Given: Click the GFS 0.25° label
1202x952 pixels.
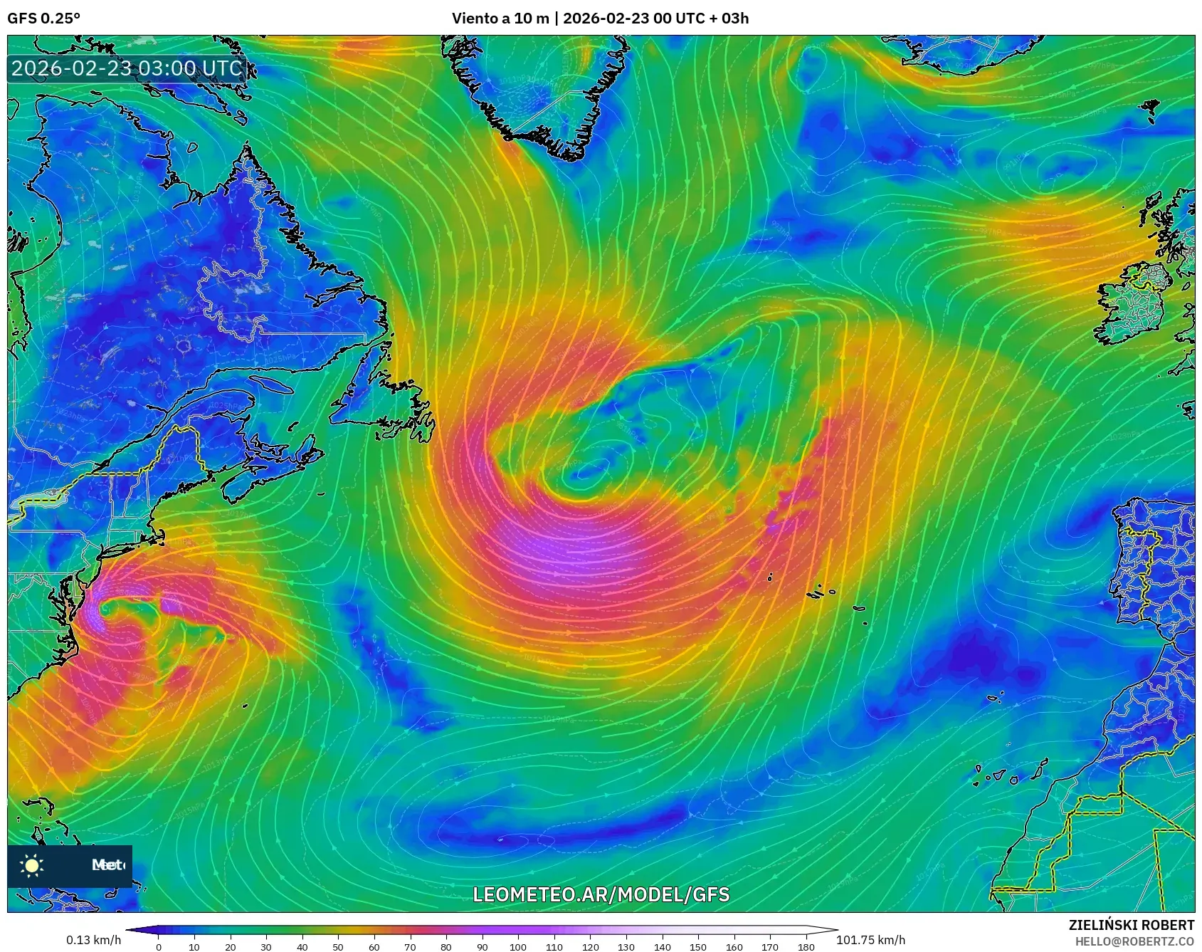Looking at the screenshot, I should pyautogui.click(x=43, y=19).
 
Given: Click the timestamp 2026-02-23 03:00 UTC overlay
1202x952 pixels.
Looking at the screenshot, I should pyautogui.click(x=127, y=68).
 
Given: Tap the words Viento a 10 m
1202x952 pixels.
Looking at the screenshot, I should pyautogui.click(x=500, y=19).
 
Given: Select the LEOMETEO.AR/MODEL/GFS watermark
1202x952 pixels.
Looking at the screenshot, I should pyautogui.click(x=601, y=894).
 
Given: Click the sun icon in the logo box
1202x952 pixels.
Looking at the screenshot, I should pyautogui.click(x=32, y=865).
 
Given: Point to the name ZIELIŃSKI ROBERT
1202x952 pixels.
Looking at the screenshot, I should pyautogui.click(x=1131, y=925).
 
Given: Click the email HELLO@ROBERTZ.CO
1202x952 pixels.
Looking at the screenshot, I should pyautogui.click(x=1134, y=941).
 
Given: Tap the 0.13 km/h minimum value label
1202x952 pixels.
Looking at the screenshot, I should pyautogui.click(x=93, y=940).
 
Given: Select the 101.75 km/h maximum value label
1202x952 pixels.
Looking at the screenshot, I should pyautogui.click(x=870, y=940).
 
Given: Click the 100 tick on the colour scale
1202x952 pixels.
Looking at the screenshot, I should pyautogui.click(x=518, y=947).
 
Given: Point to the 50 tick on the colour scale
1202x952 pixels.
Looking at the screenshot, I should pyautogui.click(x=338, y=947).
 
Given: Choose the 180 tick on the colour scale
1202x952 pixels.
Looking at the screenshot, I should pyautogui.click(x=806, y=947).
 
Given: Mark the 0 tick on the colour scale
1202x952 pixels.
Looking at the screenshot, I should pyautogui.click(x=158, y=947).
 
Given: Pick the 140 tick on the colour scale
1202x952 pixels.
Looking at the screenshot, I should pyautogui.click(x=662, y=947).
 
